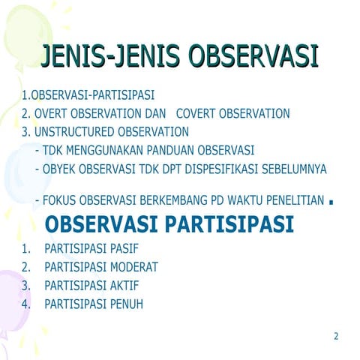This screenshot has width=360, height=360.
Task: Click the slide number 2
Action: [x=336, y=336]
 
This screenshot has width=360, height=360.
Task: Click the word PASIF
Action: [x=124, y=248]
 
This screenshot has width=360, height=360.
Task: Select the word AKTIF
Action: [x=124, y=286]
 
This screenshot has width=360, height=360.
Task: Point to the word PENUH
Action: [x=126, y=304]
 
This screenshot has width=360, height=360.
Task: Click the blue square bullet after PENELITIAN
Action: [x=331, y=202]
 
